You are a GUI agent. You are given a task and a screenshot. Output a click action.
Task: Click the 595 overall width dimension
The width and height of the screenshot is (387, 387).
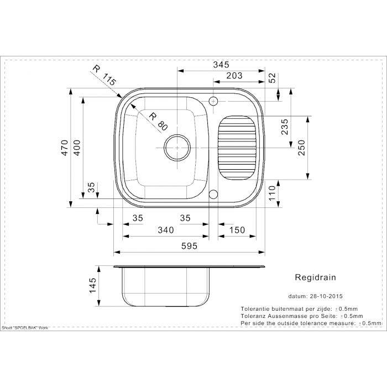(189, 247)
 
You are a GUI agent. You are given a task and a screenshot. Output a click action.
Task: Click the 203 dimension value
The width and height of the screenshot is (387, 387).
(234, 77)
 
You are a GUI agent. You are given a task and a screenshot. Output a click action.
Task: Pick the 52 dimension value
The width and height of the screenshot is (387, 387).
(272, 79)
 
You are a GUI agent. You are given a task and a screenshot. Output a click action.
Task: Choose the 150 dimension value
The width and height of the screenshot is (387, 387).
(236, 230)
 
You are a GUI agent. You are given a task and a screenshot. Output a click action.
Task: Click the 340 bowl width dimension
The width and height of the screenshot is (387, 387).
(166, 230)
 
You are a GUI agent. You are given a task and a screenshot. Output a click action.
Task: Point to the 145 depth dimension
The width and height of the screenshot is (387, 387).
(93, 285)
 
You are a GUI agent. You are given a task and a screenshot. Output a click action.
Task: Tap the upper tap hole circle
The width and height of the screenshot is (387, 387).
(213, 101)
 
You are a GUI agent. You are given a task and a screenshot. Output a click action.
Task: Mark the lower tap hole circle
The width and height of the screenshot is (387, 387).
(213, 194)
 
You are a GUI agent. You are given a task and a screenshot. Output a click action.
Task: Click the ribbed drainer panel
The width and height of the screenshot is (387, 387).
(237, 148)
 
